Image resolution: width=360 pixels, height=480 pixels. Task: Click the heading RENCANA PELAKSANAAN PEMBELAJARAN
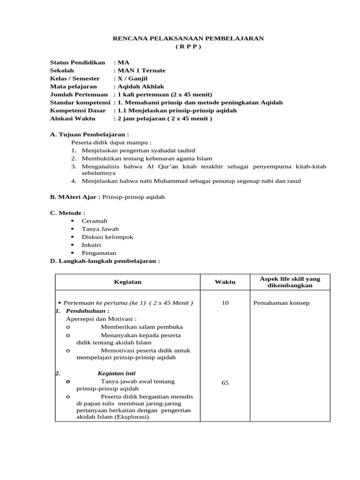(188, 38)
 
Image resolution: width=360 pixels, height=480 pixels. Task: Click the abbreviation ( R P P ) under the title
(188, 47)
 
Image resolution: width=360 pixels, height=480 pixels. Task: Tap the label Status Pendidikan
(77, 62)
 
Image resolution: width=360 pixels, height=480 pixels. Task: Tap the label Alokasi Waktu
(72, 118)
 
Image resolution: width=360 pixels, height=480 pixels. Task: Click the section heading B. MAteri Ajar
(75, 197)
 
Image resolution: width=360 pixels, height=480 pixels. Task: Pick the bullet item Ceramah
(94, 221)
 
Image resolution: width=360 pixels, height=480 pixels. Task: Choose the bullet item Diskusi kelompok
(107, 237)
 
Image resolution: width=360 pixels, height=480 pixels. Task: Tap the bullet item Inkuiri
(91, 245)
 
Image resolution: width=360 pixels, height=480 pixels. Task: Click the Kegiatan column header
(127, 282)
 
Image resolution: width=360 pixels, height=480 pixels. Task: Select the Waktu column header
(225, 282)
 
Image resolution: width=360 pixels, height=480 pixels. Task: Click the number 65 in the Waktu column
(225, 383)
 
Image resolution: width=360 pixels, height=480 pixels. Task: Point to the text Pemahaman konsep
(281, 303)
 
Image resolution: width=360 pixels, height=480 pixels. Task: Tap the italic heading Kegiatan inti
(117, 373)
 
